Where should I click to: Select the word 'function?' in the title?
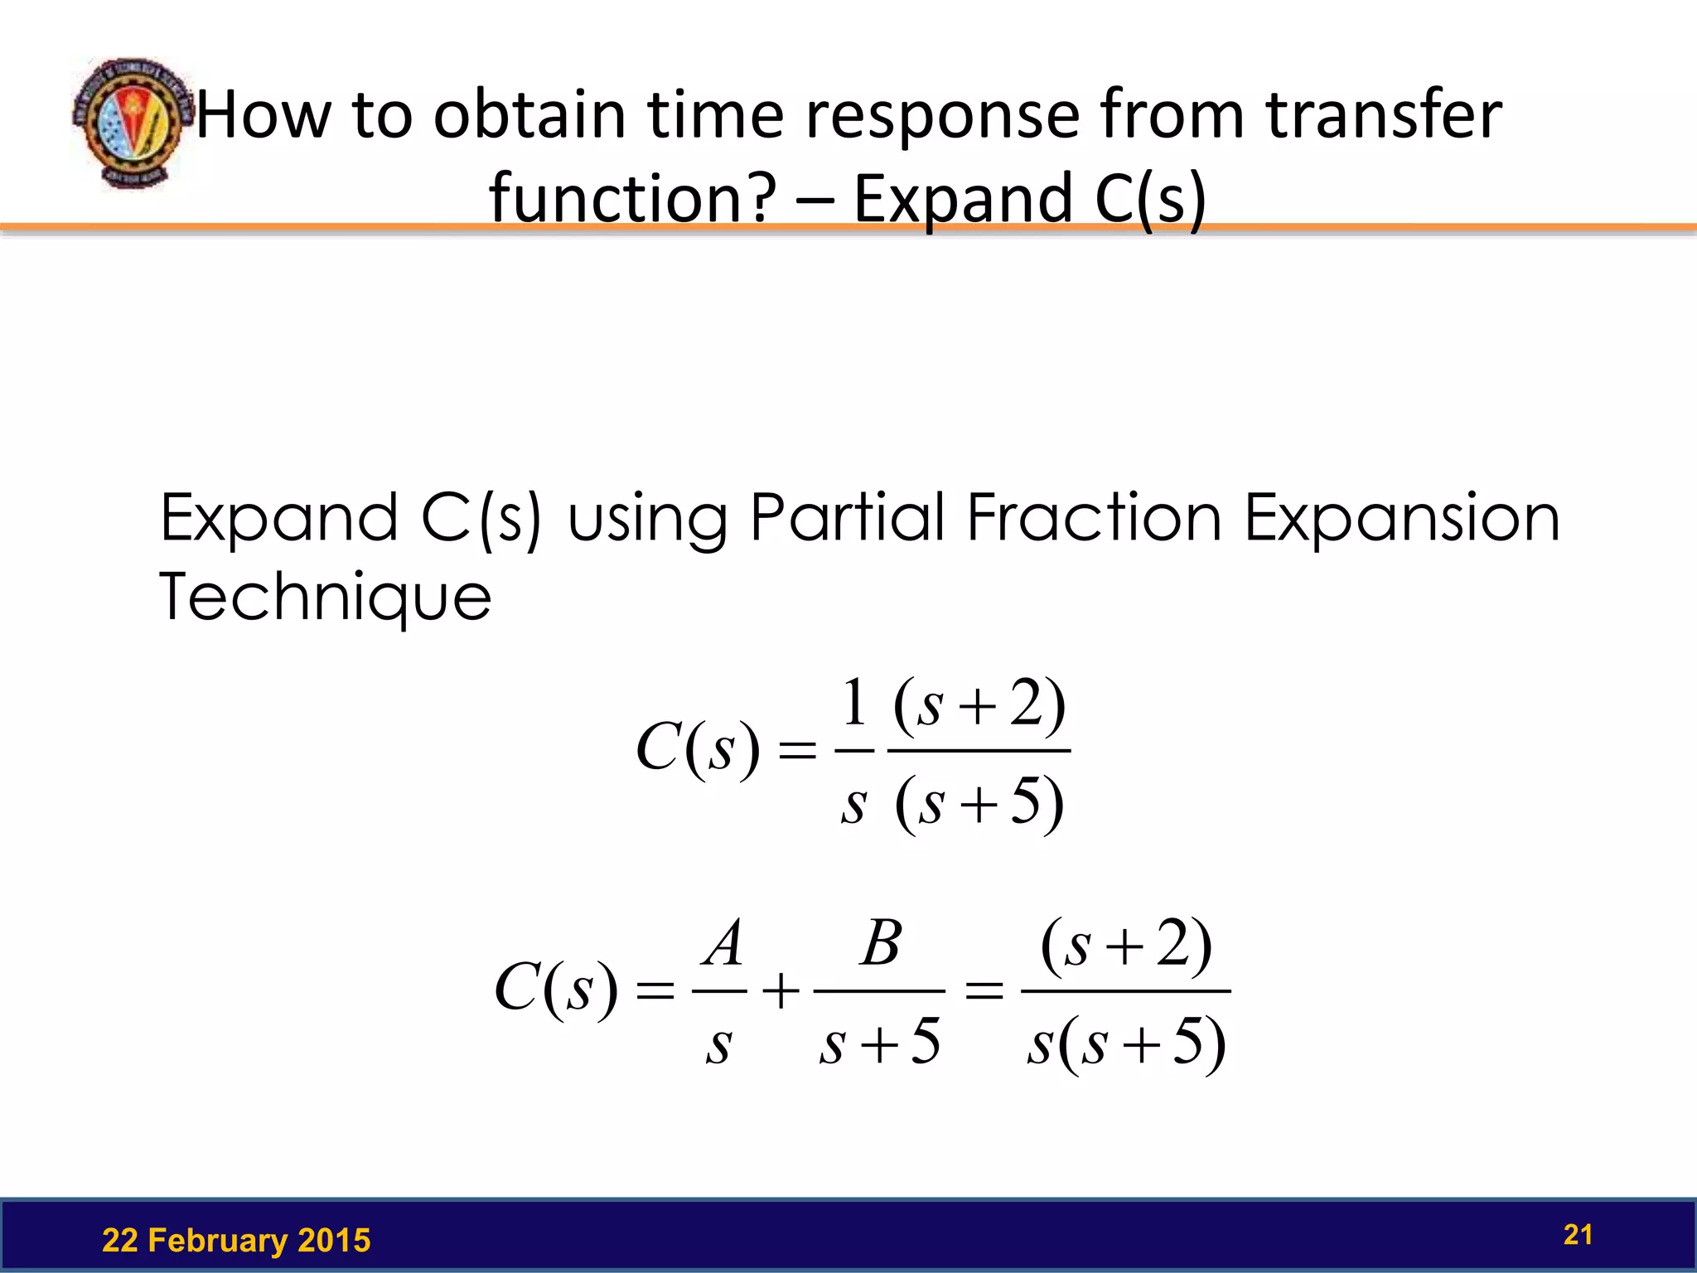click(x=633, y=199)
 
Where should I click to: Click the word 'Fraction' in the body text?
click(x=1094, y=518)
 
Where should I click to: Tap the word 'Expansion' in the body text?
click(x=1402, y=518)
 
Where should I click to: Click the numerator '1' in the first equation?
click(x=854, y=703)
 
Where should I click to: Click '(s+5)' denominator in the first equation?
click(x=979, y=802)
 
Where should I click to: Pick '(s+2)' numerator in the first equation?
click(x=979, y=705)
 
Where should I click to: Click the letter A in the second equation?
click(x=723, y=944)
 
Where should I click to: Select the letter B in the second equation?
click(x=880, y=944)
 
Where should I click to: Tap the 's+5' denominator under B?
click(x=880, y=1042)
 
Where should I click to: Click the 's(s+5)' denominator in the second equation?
click(x=1126, y=1043)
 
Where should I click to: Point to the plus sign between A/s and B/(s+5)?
click(x=781, y=991)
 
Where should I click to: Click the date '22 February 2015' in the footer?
click(x=236, y=1240)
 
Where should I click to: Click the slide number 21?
click(x=1578, y=1235)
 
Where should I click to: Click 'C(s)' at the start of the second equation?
click(x=556, y=989)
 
